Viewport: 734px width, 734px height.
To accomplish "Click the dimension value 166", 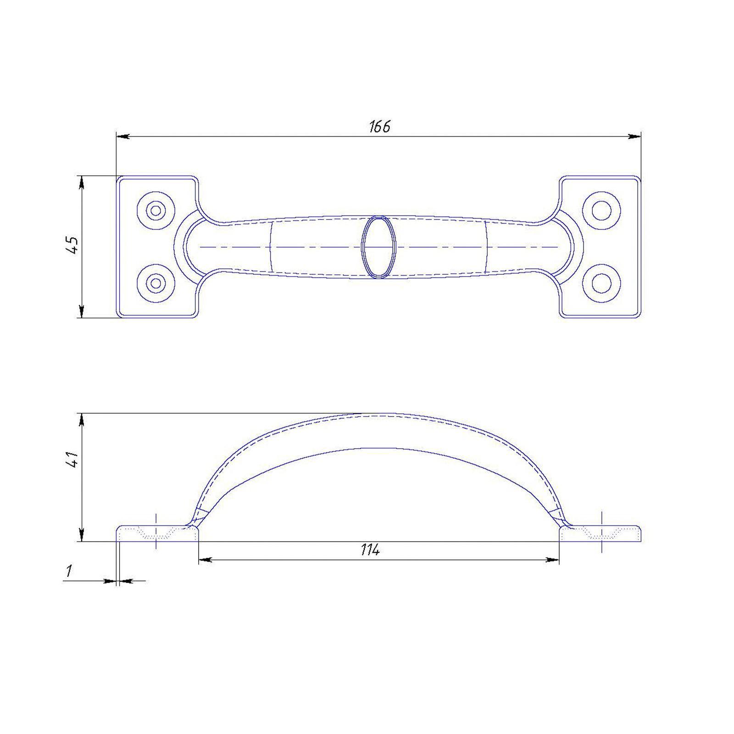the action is [x=380, y=126].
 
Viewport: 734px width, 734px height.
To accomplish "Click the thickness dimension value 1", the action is [x=69, y=571].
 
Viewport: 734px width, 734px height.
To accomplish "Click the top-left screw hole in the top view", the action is [x=156, y=211].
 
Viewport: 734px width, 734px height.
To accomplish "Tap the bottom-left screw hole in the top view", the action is [x=156, y=283].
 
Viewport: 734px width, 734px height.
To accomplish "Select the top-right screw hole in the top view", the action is [x=601, y=211].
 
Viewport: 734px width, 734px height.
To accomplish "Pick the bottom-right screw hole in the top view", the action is [x=601, y=283].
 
